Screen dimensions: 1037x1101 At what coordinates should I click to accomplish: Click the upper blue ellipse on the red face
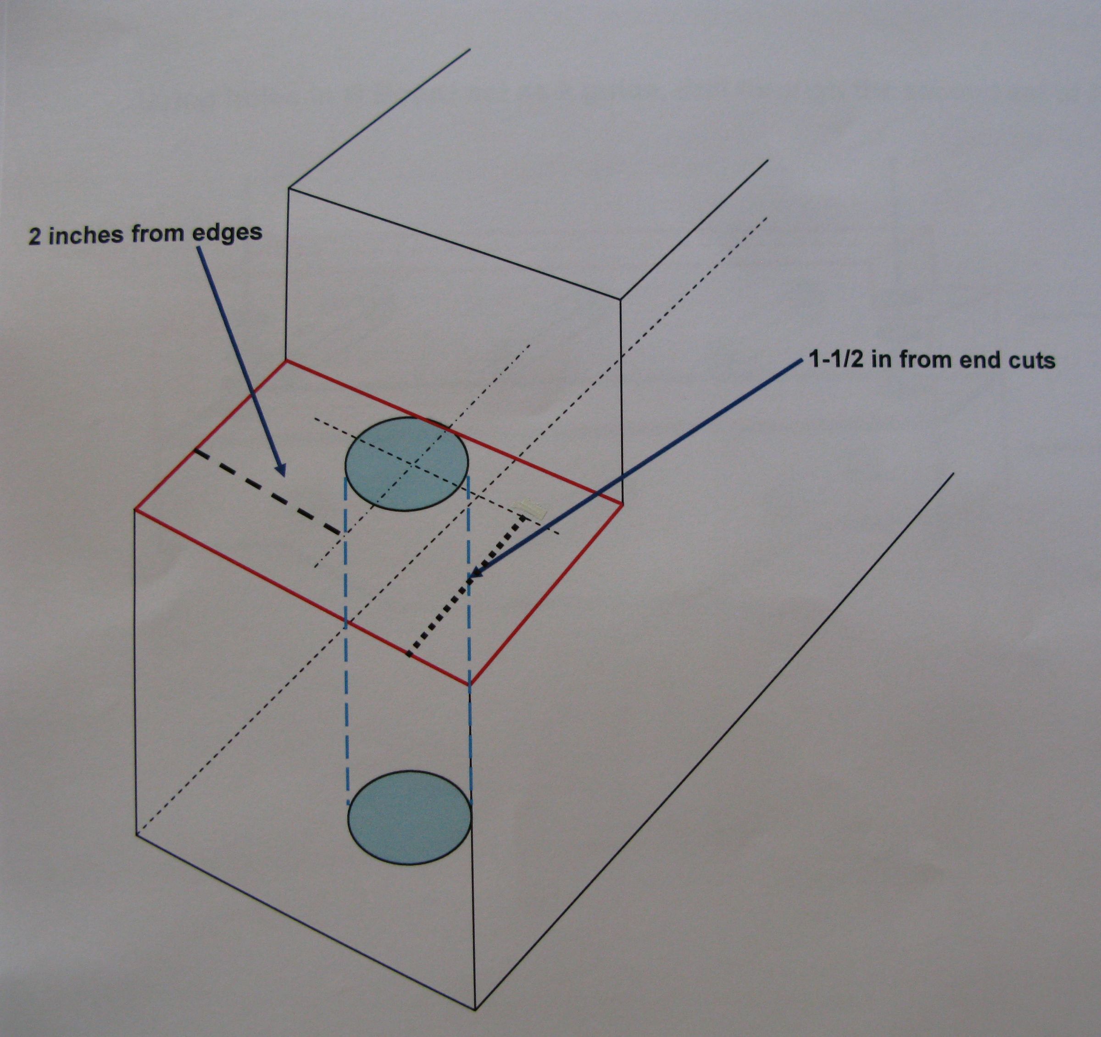click(406, 464)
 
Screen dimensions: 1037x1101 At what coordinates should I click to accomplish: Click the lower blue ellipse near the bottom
click(409, 817)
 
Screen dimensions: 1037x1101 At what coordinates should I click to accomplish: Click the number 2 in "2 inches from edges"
click(34, 238)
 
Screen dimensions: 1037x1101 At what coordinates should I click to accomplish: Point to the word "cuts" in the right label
click(1032, 360)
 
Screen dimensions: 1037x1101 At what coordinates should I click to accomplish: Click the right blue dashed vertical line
click(470, 637)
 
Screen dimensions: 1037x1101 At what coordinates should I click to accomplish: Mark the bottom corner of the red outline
click(470, 685)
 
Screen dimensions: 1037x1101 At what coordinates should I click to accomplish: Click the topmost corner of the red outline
click(286, 361)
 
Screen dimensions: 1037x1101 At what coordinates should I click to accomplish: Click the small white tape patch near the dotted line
click(531, 508)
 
